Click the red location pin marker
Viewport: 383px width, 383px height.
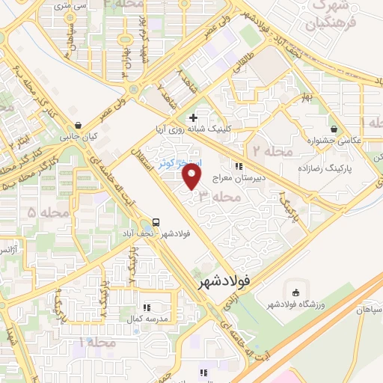click(193, 177)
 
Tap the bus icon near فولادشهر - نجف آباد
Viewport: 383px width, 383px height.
click(156, 222)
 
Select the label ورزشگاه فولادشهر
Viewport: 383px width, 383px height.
click(296, 305)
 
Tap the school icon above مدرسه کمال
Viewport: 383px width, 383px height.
click(147, 307)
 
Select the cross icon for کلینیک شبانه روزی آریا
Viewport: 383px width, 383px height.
click(193, 117)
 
